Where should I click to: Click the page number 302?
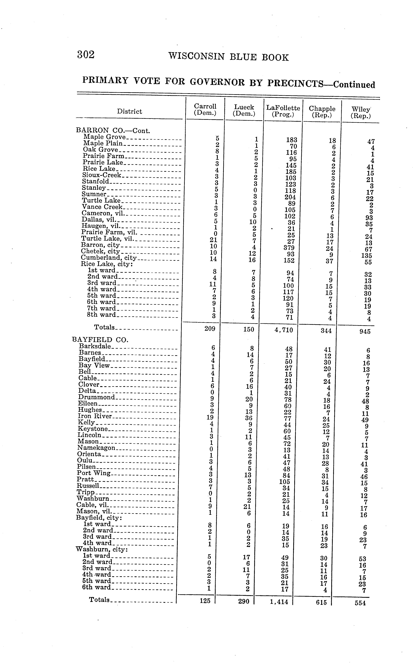pyautogui.click(x=86, y=55)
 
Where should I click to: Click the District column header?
pyautogui.click(x=129, y=111)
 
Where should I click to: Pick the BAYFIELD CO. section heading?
pyautogui.click(x=100, y=340)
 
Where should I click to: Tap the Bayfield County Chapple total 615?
pyautogui.click(x=321, y=602)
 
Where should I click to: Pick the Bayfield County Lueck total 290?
pyautogui.click(x=244, y=601)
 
